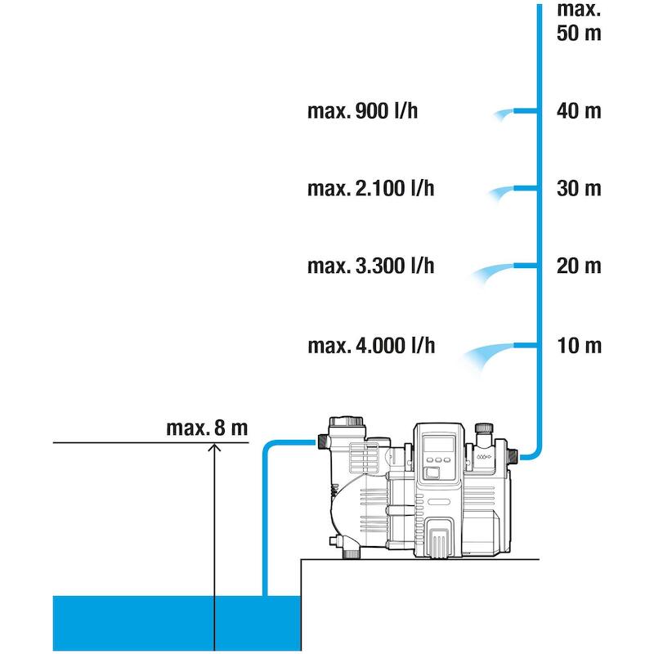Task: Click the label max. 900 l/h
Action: (362, 111)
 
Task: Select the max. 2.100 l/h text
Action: (371, 189)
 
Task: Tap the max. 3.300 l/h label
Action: (371, 267)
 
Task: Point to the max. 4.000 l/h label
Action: (371, 346)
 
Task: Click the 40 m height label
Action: (579, 111)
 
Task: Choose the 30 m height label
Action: (579, 189)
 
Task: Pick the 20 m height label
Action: (579, 267)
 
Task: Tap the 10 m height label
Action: (580, 346)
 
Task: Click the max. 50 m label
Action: (579, 22)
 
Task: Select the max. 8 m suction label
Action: (207, 428)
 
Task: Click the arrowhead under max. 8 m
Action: (214, 446)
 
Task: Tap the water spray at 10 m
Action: (486, 356)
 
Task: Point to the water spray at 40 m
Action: (502, 114)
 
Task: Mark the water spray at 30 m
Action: (500, 193)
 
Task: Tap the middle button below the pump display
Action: (438, 459)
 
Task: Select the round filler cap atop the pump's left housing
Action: (346, 421)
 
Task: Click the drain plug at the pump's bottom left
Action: (352, 553)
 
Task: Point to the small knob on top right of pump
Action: (484, 428)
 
